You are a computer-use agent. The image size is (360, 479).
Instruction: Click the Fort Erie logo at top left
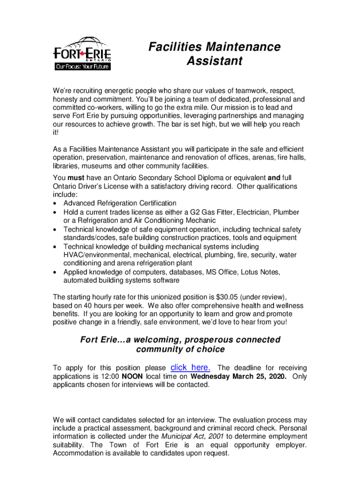(x=82, y=53)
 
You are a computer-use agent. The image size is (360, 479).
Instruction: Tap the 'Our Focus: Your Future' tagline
(x=82, y=66)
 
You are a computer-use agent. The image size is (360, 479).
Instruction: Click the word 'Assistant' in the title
(x=214, y=61)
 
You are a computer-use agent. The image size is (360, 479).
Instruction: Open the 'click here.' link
(x=191, y=367)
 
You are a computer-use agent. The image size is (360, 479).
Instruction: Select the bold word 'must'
(x=76, y=178)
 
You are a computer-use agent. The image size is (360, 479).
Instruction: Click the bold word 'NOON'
(x=133, y=376)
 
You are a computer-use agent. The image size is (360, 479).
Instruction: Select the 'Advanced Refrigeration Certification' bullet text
(x=120, y=203)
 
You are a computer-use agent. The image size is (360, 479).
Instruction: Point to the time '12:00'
(x=110, y=376)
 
